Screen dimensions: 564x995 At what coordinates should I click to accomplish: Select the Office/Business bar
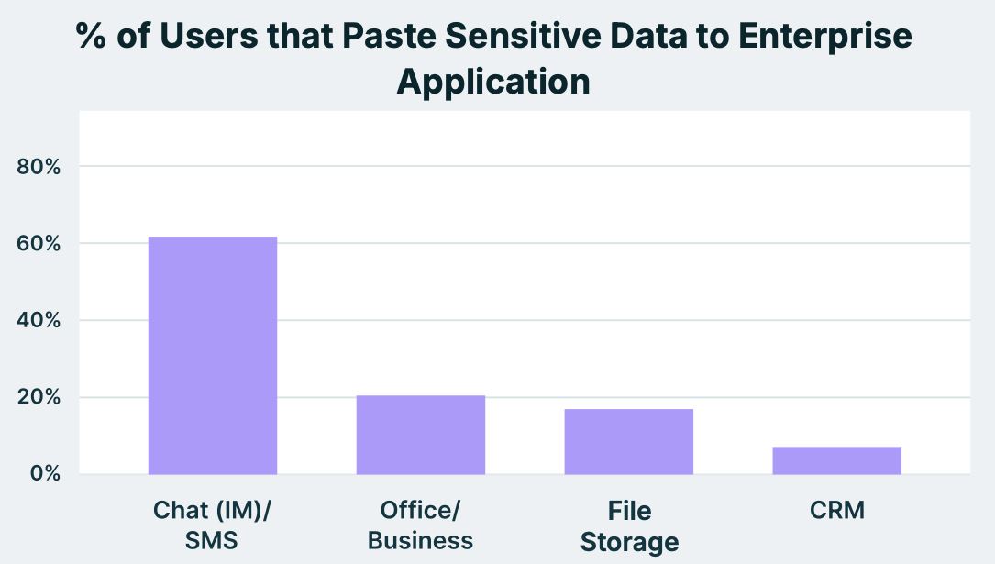click(x=420, y=435)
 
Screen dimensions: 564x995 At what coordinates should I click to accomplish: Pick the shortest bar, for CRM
click(x=836, y=460)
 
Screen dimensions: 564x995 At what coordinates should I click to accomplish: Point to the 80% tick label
click(x=39, y=167)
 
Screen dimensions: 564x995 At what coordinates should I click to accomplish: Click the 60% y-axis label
click(x=39, y=244)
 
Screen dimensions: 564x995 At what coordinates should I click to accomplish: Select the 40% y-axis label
click(x=39, y=321)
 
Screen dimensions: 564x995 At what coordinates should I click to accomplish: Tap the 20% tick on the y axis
click(x=39, y=397)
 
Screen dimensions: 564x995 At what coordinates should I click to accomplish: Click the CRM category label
click(x=837, y=511)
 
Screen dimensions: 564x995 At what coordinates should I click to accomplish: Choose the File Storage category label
click(x=629, y=525)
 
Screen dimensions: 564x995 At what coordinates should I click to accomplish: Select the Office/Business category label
click(x=420, y=525)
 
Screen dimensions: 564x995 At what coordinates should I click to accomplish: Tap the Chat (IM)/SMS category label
click(x=212, y=525)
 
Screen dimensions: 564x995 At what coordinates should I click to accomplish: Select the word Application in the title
click(x=492, y=82)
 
